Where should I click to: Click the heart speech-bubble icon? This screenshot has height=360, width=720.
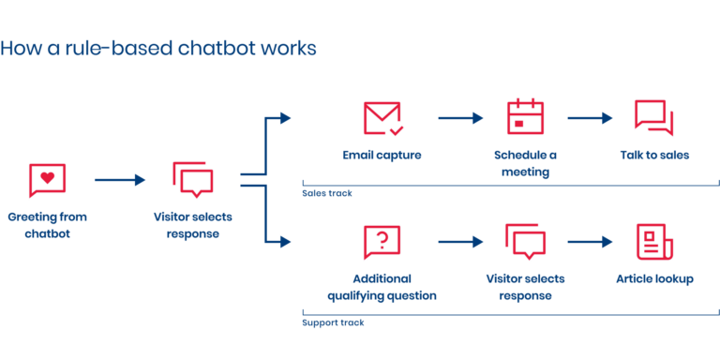pos(47,179)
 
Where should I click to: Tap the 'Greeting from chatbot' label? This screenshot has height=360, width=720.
pos(47,225)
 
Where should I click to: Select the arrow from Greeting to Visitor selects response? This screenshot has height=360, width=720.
pos(120,179)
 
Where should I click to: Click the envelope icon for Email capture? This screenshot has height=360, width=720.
pos(382,118)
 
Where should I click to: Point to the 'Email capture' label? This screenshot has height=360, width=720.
pos(382,156)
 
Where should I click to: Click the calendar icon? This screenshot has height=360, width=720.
pos(525,117)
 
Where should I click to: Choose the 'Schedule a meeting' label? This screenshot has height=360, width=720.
pos(525,163)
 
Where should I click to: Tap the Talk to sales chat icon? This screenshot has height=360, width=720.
pos(653,117)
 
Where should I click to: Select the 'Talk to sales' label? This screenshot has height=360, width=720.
pos(654,156)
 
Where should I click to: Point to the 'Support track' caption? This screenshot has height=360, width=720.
pos(333,322)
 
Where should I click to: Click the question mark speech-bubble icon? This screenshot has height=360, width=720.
pos(382,242)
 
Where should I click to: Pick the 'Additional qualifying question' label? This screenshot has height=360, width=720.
pos(382,287)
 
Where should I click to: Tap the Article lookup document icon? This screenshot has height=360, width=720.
pos(653,242)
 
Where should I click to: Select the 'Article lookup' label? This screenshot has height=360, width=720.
pos(653,279)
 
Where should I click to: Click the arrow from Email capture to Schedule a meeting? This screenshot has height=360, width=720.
pos(459,118)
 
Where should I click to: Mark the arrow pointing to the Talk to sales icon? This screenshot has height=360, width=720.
pos(590,118)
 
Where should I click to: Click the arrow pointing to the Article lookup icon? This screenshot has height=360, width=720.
pos(590,242)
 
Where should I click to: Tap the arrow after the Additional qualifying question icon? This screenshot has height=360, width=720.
pos(459,242)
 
